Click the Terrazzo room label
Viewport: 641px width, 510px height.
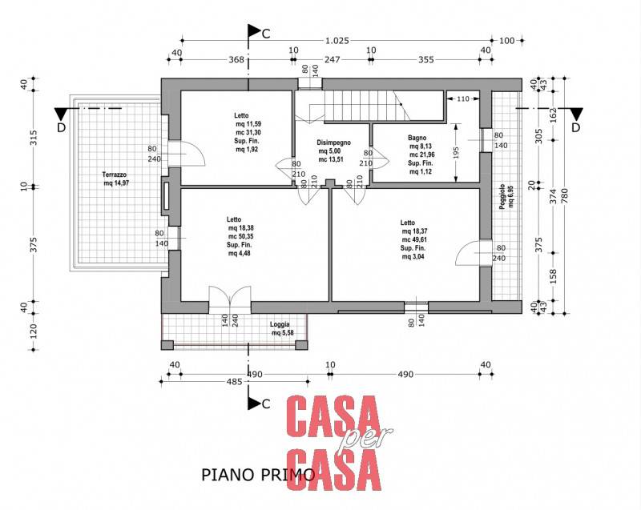click(115, 175)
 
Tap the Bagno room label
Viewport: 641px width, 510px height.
click(417, 138)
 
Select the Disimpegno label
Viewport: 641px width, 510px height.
click(333, 143)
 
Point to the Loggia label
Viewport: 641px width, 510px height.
click(280, 324)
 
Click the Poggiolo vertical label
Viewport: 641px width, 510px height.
click(502, 198)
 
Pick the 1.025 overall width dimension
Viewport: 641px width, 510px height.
click(337, 41)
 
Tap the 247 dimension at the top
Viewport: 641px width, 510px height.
click(332, 60)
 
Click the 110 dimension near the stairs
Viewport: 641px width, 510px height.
click(463, 98)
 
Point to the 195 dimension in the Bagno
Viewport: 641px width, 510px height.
click(457, 153)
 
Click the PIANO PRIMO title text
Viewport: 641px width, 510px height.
click(258, 475)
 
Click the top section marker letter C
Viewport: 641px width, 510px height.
click(266, 34)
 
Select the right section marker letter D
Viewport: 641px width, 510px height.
click(575, 128)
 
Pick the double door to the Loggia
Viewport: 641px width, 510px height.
click(230, 299)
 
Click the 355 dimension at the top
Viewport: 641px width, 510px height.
click(426, 60)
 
